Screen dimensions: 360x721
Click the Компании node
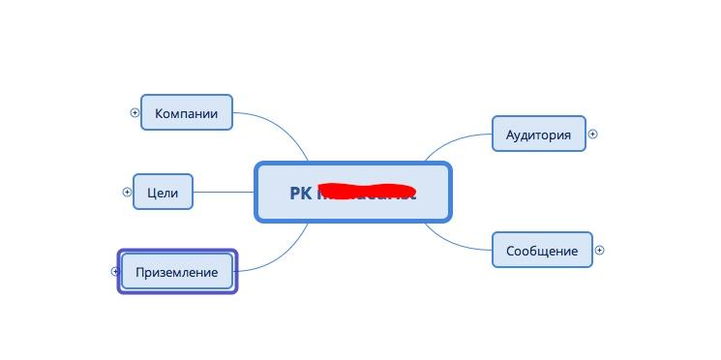tap(187, 113)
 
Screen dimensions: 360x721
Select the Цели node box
tap(163, 193)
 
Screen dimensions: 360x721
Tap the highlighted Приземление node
tap(177, 272)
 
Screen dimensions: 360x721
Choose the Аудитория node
tap(539, 135)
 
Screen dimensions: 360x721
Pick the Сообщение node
tap(542, 251)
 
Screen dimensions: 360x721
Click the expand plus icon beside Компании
tap(135, 112)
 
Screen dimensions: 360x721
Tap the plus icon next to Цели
tap(127, 192)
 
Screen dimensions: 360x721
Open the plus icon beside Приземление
tap(115, 271)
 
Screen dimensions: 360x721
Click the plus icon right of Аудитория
tap(592, 135)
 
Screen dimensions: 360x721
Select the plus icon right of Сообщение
tap(599, 250)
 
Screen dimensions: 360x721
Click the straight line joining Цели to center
tap(223, 192)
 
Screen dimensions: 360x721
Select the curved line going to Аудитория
tap(455, 139)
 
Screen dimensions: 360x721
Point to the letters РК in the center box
tap(301, 193)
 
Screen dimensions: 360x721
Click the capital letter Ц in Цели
tap(152, 193)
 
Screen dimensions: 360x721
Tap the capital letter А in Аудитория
tap(511, 135)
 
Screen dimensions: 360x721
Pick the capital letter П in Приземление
tap(140, 272)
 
